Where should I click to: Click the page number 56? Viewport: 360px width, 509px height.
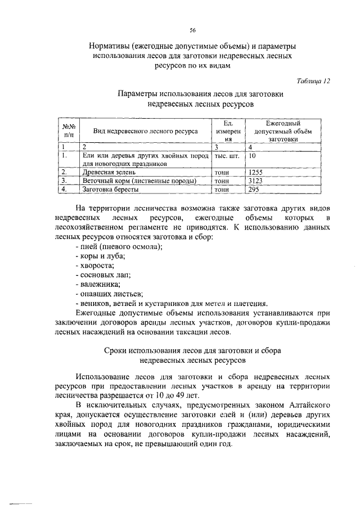tap(192, 30)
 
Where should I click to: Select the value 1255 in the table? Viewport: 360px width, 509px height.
tap(256, 173)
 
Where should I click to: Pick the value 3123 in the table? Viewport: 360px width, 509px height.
tap(256, 181)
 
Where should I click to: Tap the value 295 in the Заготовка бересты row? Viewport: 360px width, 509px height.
tap(254, 190)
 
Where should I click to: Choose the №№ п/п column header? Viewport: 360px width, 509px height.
tap(69, 131)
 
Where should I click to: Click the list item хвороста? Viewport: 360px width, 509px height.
tap(94, 265)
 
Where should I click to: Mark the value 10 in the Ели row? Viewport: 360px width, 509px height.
tap(252, 155)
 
